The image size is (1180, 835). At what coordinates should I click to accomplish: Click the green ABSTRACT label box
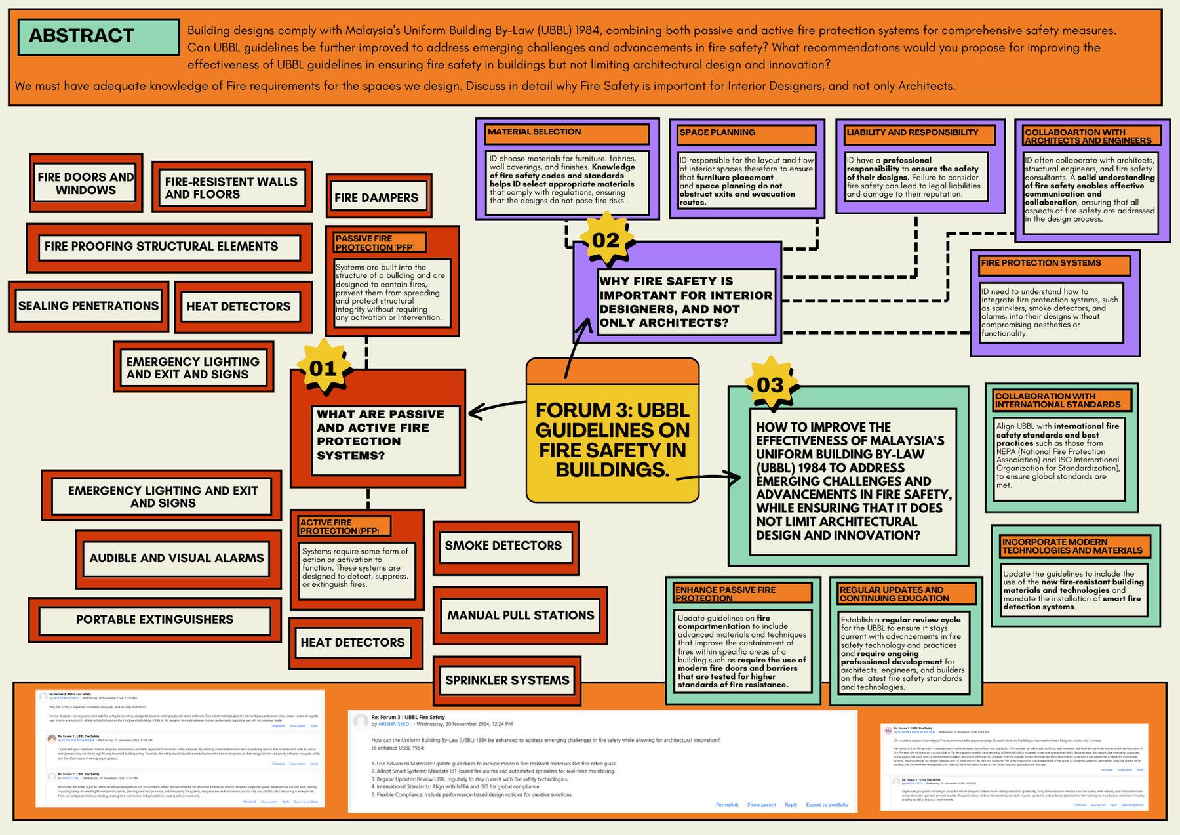pos(98,37)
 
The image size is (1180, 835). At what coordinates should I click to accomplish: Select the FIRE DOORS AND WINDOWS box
pos(85,183)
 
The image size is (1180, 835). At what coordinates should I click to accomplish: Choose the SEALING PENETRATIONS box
pos(88,306)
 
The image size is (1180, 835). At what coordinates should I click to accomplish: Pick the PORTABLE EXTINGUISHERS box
pos(155,619)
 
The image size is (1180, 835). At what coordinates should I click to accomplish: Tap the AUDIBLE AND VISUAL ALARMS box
pos(176,558)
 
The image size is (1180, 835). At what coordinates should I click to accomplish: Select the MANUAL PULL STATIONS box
pos(521,615)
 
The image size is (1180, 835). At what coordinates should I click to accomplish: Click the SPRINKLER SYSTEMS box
pos(507,680)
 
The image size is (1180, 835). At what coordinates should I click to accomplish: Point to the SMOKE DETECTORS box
pos(503,546)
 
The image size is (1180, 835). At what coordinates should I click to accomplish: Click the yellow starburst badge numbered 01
pos(323,368)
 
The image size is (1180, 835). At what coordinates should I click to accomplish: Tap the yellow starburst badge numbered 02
pos(606,240)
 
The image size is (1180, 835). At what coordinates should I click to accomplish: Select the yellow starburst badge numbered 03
pos(770,384)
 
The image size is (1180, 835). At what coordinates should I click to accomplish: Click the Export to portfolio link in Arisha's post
pos(827,805)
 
